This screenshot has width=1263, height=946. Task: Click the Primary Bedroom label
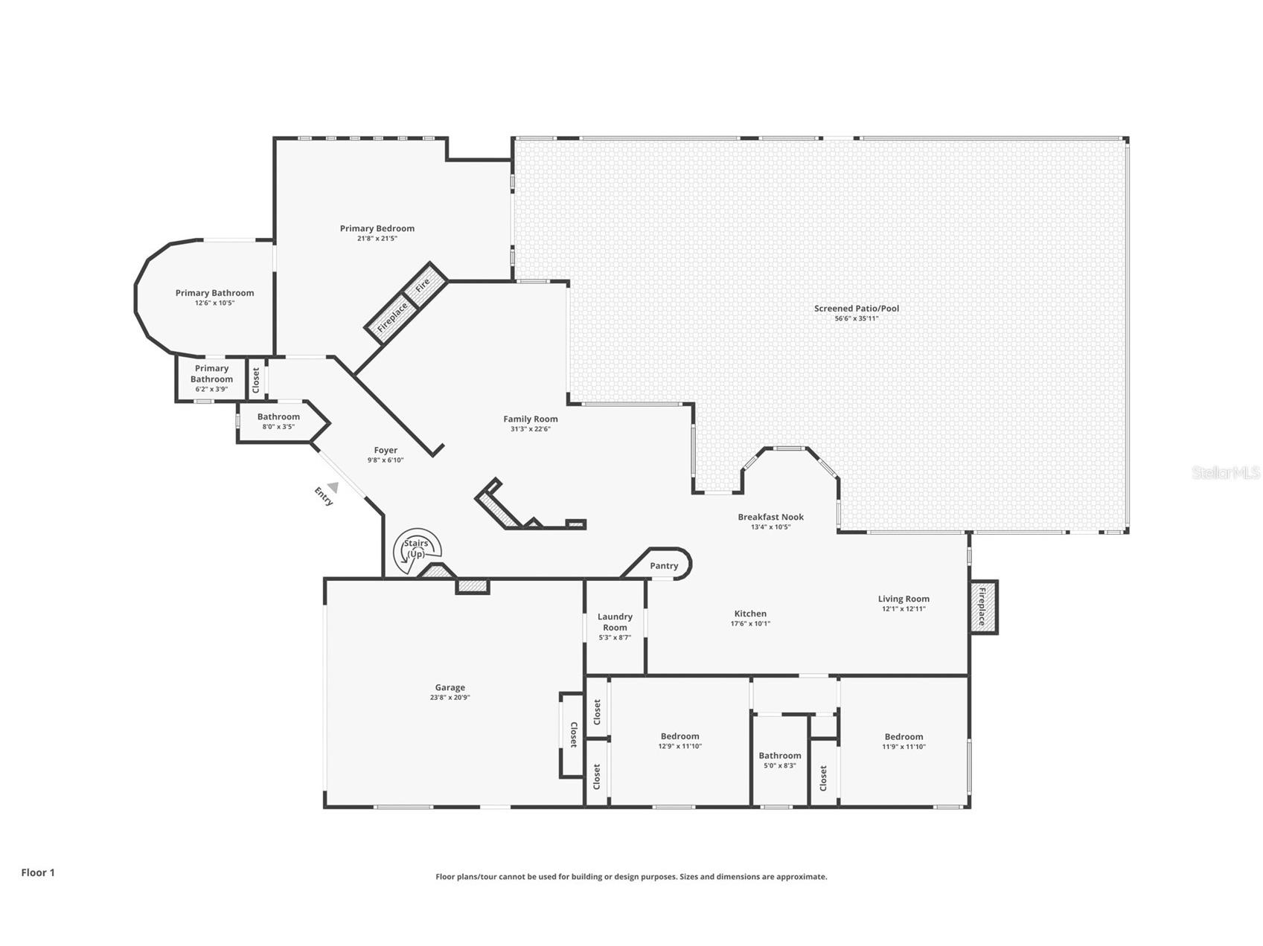click(377, 228)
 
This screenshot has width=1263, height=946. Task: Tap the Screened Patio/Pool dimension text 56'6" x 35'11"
click(856, 318)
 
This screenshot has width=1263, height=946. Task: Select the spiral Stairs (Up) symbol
click(417, 551)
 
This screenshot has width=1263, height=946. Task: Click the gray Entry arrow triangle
click(333, 487)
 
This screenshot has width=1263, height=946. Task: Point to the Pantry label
click(664, 566)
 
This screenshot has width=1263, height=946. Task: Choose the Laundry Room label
click(615, 622)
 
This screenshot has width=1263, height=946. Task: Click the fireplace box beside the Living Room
click(982, 607)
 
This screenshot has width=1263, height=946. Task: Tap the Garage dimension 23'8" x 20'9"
click(450, 698)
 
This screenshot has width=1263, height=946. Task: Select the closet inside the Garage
click(572, 735)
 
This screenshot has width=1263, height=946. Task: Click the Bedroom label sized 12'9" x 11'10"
click(680, 736)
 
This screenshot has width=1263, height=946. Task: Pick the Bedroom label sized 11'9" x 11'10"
click(904, 736)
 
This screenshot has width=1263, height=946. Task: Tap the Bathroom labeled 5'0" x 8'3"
click(779, 756)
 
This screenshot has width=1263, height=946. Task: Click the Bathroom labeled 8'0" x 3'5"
click(278, 417)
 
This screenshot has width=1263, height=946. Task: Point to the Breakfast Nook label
click(770, 517)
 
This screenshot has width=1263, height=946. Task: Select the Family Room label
click(530, 419)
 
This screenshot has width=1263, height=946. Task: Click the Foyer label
click(386, 450)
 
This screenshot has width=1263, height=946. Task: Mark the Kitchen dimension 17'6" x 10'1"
click(749, 624)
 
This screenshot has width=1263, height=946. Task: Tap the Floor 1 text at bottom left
click(38, 872)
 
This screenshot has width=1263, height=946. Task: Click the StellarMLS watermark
click(1225, 472)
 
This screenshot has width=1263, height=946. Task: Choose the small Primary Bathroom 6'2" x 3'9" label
click(211, 374)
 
